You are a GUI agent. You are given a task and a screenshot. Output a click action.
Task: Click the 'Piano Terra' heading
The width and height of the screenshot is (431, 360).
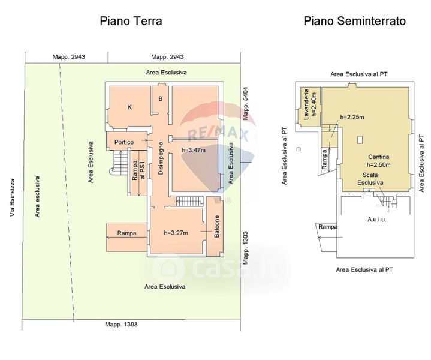(x=131, y=21)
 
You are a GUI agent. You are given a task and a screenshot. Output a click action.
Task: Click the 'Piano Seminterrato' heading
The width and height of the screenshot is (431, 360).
(x=354, y=21)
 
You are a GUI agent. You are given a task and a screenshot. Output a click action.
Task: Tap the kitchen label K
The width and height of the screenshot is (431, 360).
(x=129, y=107)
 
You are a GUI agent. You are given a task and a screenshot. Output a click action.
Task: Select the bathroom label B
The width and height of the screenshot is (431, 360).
(x=161, y=99)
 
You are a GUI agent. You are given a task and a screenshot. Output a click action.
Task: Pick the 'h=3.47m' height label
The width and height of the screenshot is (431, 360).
(x=193, y=150)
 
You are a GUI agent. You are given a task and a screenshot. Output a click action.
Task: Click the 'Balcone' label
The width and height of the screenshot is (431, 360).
(x=217, y=226)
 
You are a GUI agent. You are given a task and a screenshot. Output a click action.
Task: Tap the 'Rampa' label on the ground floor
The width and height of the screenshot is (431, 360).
(x=126, y=233)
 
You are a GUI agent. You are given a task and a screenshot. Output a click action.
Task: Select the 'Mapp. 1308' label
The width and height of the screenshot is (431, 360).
(x=122, y=325)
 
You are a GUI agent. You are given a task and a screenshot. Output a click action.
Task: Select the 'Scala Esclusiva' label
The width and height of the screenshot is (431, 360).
(x=370, y=178)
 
